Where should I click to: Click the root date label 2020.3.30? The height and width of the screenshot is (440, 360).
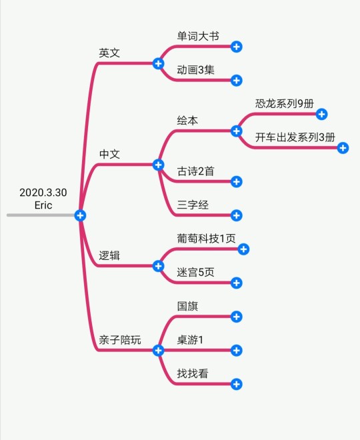43,193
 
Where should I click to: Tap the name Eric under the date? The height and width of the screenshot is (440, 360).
43,205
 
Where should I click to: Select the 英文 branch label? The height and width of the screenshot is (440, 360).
109,53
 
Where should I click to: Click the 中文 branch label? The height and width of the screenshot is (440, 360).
109,154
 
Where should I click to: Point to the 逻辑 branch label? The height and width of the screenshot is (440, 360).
109,255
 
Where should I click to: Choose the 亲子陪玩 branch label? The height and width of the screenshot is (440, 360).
120,340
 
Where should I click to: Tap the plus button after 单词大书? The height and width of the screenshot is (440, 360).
237,47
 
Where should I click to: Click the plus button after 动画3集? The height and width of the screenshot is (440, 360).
237,81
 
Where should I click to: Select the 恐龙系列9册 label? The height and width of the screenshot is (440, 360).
285,103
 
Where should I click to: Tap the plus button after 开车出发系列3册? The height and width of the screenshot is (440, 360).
343,148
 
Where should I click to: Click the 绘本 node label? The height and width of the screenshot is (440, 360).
187,121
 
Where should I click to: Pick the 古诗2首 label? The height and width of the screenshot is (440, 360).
195,171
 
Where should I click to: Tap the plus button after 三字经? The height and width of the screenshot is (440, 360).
237,215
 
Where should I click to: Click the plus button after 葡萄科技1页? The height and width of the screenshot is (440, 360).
243,249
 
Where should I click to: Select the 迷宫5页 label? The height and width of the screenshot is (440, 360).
195,272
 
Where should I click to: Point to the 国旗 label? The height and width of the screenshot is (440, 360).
187,306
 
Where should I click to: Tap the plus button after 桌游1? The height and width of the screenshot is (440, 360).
237,350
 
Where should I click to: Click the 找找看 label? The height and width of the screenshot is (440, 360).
193,373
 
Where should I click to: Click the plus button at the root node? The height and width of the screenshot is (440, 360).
80,215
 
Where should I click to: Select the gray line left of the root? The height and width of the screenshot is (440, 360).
41,215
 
